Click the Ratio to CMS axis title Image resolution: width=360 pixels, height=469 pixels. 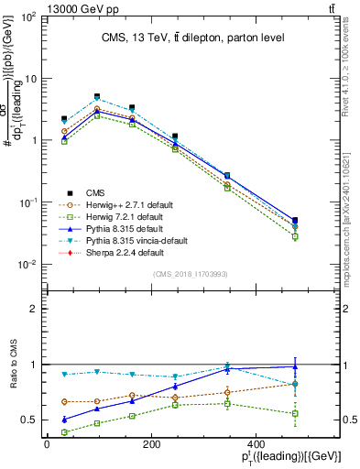click(x=14, y=365)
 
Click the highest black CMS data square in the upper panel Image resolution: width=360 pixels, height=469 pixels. click(x=97, y=96)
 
